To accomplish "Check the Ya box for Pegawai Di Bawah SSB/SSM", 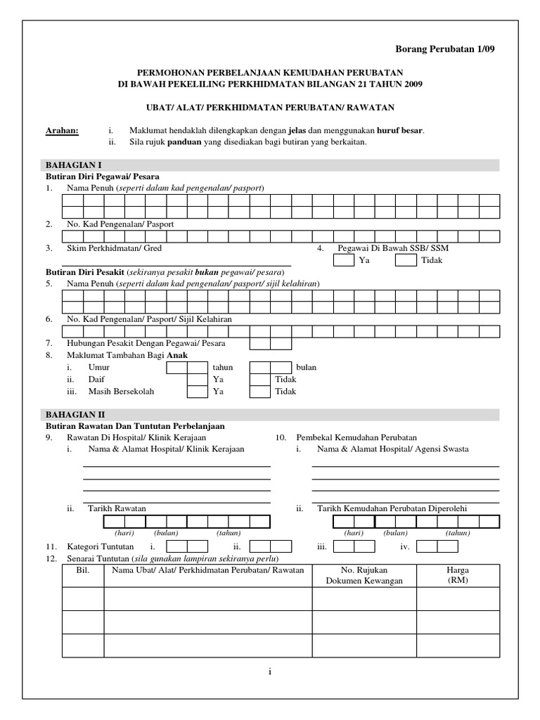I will coord(343,260).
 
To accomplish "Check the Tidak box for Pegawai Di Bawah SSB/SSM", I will coord(406,260).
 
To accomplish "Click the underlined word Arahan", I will coord(62,130).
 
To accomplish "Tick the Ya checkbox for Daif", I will coord(196,379).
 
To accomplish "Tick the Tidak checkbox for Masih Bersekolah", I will coord(260,392).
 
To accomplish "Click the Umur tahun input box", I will coord(186,366).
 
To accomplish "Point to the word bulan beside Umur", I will coord(306,367).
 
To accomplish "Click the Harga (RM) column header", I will coord(458,575).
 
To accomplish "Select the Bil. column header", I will coord(83,570).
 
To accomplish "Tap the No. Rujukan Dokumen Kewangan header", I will coord(364,575).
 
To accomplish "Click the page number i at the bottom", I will coord(270,672).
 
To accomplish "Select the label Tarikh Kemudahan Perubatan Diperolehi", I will coord(392,508).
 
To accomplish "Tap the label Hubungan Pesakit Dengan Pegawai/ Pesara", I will coord(146,343).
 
